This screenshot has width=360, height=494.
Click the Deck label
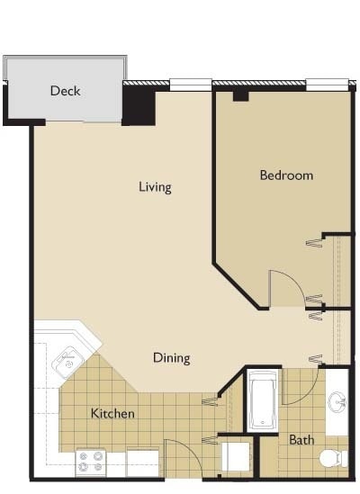tap(66, 91)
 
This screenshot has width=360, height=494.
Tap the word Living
tap(155, 187)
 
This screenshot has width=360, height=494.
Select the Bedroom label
tap(286, 175)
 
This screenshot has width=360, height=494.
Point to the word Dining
tap(171, 358)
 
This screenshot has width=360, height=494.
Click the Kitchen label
tap(112, 414)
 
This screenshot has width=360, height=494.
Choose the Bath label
tap(301, 440)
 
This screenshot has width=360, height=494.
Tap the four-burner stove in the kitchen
tap(90, 462)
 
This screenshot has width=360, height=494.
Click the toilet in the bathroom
tap(334, 458)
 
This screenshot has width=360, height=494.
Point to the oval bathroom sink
tap(337, 400)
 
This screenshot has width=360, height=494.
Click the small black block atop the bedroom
tap(240, 94)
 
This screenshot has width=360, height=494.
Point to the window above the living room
tap(190, 85)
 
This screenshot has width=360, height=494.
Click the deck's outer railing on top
tap(65, 58)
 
